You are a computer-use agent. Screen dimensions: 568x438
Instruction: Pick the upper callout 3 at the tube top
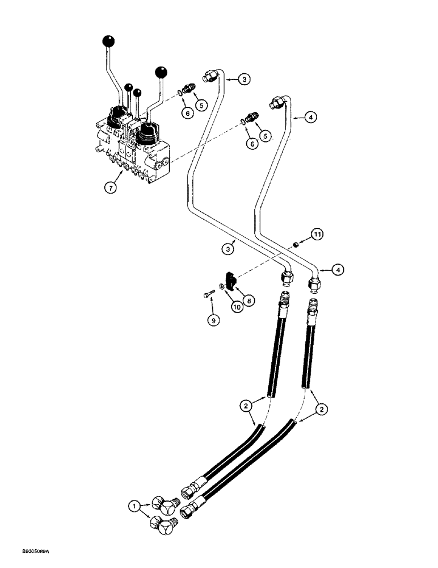[243, 80]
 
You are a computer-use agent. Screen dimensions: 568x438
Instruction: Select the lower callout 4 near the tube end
[336, 271]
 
